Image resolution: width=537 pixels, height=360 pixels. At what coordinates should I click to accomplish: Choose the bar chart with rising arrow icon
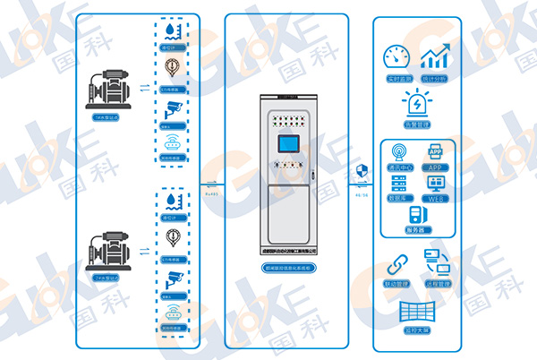[436, 57]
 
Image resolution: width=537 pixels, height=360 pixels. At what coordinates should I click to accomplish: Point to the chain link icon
[396, 264]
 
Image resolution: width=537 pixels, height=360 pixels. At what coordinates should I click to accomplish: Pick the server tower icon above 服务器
[415, 215]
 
